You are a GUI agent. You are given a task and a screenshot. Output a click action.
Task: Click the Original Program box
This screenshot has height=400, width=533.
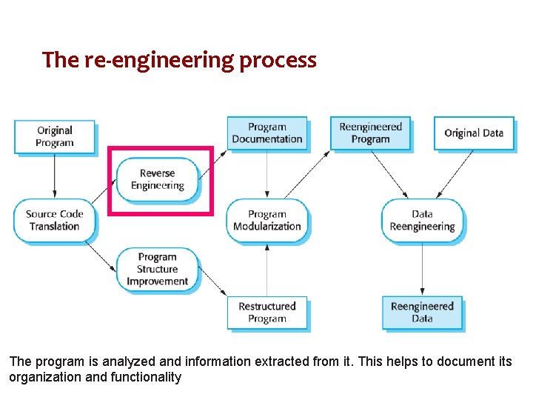point(55,136)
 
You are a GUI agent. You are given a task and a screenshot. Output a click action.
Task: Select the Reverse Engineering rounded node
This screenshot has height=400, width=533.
point(158,179)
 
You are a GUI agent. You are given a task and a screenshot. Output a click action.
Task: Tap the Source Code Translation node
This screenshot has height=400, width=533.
point(55,220)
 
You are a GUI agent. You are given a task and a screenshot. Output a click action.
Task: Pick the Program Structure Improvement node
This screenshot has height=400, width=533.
point(158,269)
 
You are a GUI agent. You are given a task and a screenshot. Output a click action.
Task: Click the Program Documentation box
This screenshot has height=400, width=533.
point(266,133)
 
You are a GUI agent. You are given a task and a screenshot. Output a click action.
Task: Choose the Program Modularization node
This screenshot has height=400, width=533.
point(266,220)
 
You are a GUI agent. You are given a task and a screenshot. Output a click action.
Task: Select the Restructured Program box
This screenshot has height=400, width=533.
point(266,312)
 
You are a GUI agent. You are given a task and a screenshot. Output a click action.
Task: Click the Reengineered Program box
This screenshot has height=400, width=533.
point(370,133)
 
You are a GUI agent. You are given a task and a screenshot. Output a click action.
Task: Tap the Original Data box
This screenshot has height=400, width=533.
point(474,133)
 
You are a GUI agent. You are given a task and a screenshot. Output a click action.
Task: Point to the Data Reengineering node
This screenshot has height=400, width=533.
point(422,220)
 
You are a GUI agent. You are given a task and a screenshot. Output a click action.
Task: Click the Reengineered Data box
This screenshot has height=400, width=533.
point(422,312)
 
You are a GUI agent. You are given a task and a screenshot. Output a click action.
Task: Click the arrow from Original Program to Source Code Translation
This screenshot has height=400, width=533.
point(55,176)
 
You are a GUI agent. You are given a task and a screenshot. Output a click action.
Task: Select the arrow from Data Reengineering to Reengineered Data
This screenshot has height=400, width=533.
point(422,268)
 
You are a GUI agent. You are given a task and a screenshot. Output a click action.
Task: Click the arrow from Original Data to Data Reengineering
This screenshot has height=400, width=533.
point(455,175)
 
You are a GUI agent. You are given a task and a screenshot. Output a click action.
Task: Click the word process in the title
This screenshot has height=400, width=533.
point(278,60)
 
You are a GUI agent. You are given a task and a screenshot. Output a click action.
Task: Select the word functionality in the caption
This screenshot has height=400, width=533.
point(146,377)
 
